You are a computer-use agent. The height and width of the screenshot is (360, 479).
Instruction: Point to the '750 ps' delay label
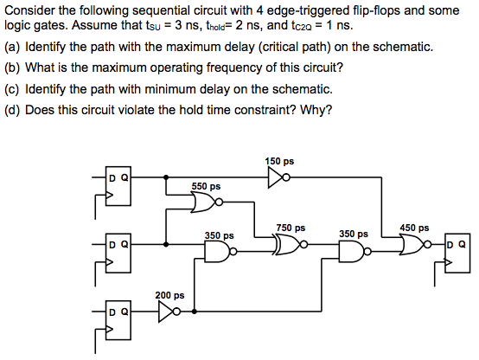click(290, 228)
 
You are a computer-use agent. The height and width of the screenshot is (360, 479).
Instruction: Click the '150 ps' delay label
click(279, 161)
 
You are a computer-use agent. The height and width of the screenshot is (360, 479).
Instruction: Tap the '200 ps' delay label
click(169, 295)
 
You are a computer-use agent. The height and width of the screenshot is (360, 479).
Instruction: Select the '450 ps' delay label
click(414, 228)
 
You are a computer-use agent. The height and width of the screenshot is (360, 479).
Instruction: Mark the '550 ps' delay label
click(206, 186)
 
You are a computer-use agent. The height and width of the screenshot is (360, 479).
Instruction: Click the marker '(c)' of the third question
click(13, 88)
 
